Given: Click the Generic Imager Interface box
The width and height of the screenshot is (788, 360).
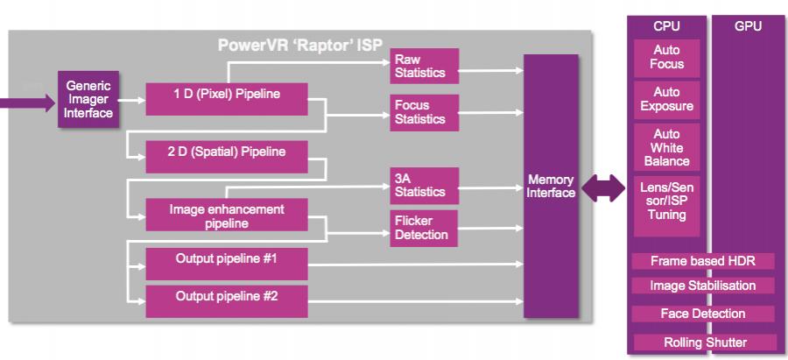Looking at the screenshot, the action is tap(88, 100).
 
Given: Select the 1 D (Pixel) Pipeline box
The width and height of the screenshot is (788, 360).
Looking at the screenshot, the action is tap(227, 99).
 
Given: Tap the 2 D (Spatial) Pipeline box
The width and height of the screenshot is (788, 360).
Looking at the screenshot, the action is tap(227, 157).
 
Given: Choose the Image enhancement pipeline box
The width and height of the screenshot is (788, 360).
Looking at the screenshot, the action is tap(227, 215).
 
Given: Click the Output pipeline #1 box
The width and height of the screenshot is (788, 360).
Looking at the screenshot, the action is tap(227, 264).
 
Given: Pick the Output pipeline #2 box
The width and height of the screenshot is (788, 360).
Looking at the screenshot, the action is tap(227, 301).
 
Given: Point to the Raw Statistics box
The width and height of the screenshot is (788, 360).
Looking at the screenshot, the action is tap(424, 66).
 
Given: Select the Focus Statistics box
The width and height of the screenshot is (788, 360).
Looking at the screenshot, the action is tap(424, 113).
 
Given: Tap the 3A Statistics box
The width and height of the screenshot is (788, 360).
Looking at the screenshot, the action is tap(424, 186).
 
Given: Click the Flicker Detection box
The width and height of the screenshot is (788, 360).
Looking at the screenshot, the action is tap(424, 229).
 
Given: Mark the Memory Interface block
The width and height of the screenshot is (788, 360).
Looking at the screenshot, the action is tap(551, 186).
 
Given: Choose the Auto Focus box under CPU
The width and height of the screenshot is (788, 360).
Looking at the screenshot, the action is tap(666, 58).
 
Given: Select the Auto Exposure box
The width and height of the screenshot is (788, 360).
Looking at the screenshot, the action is tap(666, 100).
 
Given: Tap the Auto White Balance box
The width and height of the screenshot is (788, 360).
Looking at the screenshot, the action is tap(666, 147).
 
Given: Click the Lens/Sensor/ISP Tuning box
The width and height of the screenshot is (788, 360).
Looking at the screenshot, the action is tap(666, 206).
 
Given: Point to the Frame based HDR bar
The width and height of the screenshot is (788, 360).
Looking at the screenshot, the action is tap(703, 261).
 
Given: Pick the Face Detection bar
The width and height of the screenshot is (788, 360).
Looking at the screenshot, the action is tap(703, 314).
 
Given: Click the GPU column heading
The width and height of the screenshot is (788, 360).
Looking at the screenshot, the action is tap(748, 26).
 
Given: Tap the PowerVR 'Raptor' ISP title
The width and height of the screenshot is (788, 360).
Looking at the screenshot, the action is tap(300, 46).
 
